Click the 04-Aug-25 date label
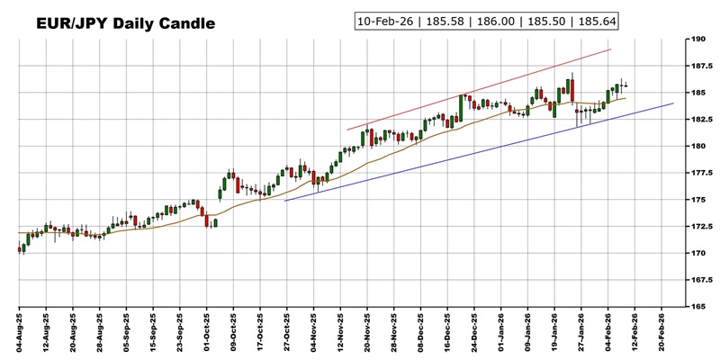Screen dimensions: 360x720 [20, 333]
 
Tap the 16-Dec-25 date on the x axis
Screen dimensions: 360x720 [448, 333]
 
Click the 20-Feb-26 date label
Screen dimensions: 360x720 [663, 333]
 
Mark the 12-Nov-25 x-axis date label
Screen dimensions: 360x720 [341, 333]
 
